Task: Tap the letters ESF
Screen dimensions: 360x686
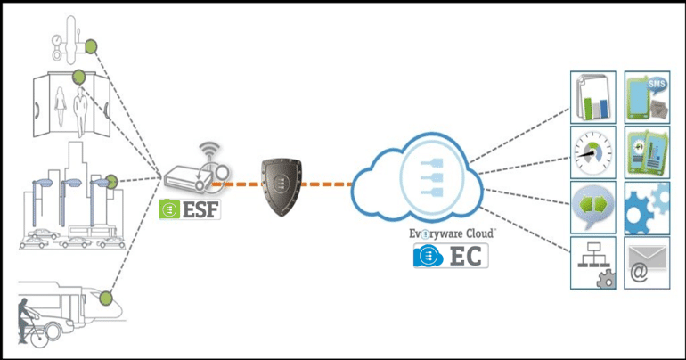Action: [199, 210]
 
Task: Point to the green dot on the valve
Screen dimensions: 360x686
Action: [90, 45]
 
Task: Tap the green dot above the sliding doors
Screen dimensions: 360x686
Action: [79, 77]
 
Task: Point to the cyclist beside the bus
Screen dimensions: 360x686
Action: [32, 323]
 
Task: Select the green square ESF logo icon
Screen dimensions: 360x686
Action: [167, 210]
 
